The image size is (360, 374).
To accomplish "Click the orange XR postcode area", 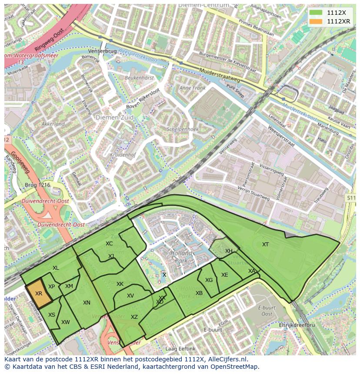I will pos(39,295).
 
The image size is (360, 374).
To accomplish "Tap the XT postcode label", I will pos(265,245).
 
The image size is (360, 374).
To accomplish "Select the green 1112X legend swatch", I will pos(316,13).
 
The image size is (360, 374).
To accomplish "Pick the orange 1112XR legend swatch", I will pos(316,21).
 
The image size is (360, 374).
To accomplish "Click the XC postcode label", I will pos(109,244).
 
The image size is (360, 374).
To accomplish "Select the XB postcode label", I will pos(199,293).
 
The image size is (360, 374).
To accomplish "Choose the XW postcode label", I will pos(66,322).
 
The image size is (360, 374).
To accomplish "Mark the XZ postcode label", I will pos(134,317).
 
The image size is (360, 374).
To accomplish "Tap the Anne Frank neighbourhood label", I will pos(192,88).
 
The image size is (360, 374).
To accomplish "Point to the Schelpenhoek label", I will pos(182,129).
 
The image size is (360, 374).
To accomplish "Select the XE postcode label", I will pos(224,275).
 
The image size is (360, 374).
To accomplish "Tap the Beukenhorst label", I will pos(139,78).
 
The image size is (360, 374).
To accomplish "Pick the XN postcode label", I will pos(87,303).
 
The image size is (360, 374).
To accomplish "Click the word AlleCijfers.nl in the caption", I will pos(228,359).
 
